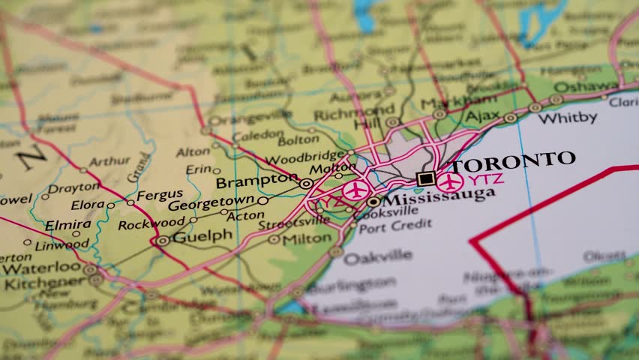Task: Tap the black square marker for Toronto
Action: click(425, 178)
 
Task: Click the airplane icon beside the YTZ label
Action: click(451, 181)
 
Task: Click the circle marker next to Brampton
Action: click(306, 183)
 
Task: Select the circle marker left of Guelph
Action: click(163, 241)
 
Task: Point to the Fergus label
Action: click(160, 193)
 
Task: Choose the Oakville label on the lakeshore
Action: click(377, 256)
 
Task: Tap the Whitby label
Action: click(567, 118)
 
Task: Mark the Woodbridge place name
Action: click(305, 157)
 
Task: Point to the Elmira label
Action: click(67, 223)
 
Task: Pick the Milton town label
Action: click(307, 238)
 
